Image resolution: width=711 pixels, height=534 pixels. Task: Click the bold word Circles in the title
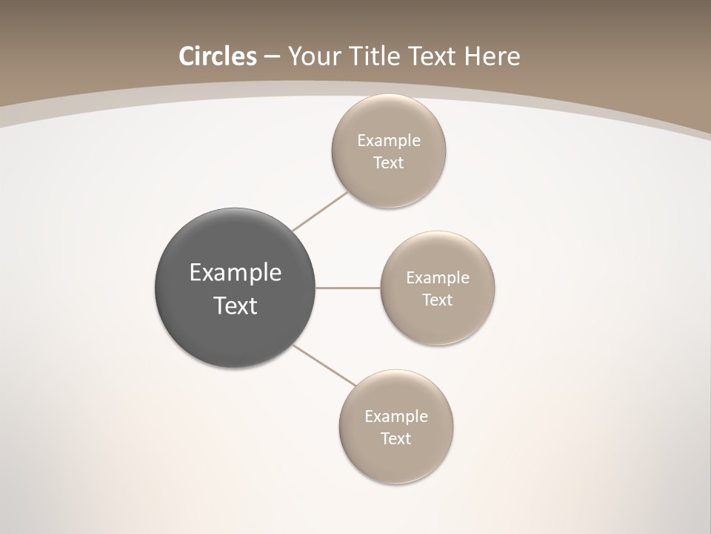tap(217, 56)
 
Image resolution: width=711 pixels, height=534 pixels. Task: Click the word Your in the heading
tap(311, 56)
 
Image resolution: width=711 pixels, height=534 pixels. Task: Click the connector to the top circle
tap(320, 211)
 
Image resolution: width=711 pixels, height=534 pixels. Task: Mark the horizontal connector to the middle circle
tap(348, 288)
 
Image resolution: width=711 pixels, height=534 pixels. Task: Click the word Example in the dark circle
tap(236, 273)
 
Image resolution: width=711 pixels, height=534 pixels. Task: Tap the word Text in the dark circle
tap(236, 306)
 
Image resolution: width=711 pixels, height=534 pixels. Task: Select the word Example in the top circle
tap(389, 140)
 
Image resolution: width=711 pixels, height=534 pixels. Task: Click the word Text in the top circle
tap(389, 162)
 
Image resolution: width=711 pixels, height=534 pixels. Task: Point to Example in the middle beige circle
tap(438, 277)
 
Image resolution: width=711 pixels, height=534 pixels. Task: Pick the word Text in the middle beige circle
tap(438, 300)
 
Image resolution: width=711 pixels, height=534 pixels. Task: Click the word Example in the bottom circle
tap(396, 416)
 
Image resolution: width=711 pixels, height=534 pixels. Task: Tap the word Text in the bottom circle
tap(396, 438)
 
